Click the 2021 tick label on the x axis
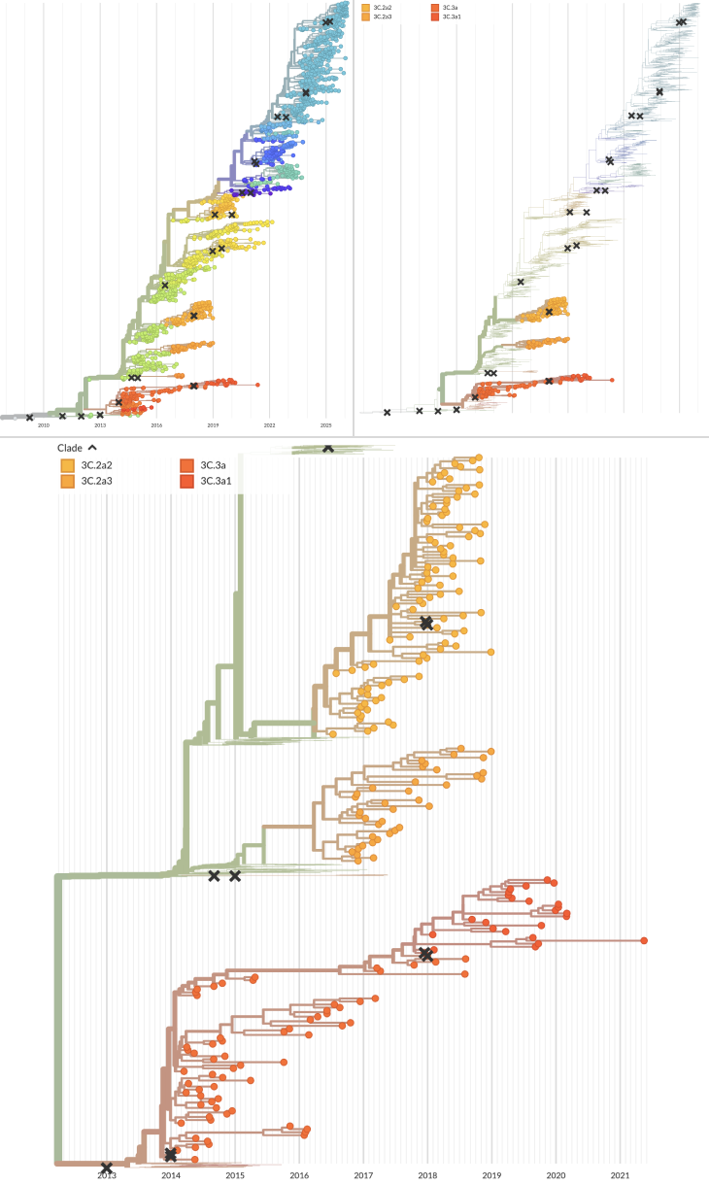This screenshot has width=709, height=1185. tap(620, 1175)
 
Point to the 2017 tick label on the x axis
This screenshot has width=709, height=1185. tap(363, 1175)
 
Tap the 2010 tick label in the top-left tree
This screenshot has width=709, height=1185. tap(43, 425)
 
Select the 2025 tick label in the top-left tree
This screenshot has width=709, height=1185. tap(326, 425)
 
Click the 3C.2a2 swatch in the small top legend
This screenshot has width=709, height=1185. tap(365, 7)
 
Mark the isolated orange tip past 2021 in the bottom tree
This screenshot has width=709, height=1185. tap(644, 940)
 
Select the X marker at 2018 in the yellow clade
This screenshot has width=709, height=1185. tap(426, 623)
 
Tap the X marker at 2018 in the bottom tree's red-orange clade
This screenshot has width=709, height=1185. tap(425, 955)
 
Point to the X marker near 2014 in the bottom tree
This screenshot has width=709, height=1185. tap(171, 1154)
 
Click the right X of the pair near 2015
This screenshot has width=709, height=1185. tap(234, 876)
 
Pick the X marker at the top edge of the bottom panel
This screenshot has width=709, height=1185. tap(328, 447)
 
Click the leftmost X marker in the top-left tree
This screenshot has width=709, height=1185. tap(29, 417)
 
